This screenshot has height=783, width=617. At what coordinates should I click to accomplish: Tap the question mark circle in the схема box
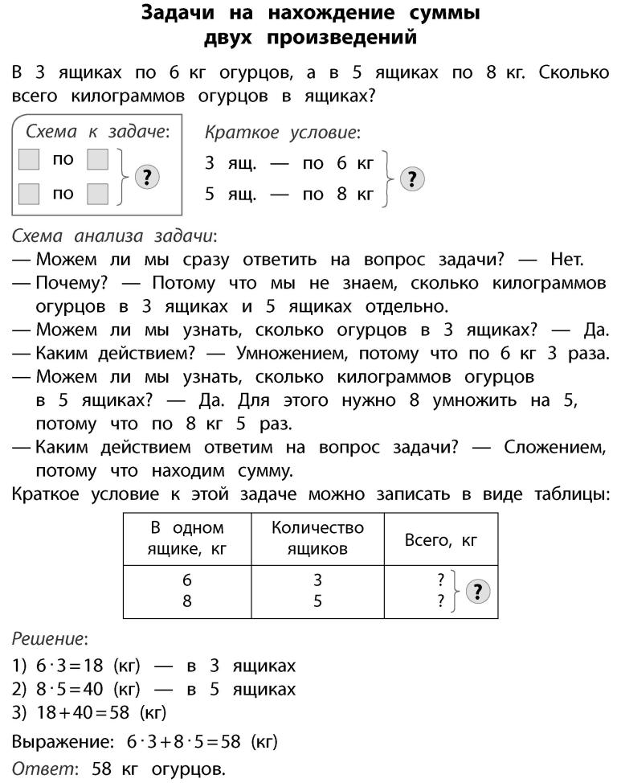pos(146,177)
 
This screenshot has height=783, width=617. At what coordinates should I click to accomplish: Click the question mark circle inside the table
pos(479,592)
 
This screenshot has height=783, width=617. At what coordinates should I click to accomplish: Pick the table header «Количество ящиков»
pos(317,539)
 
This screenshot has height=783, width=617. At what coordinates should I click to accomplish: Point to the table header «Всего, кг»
pos(441,540)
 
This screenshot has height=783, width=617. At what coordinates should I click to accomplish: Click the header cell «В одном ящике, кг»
pos(187,539)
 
